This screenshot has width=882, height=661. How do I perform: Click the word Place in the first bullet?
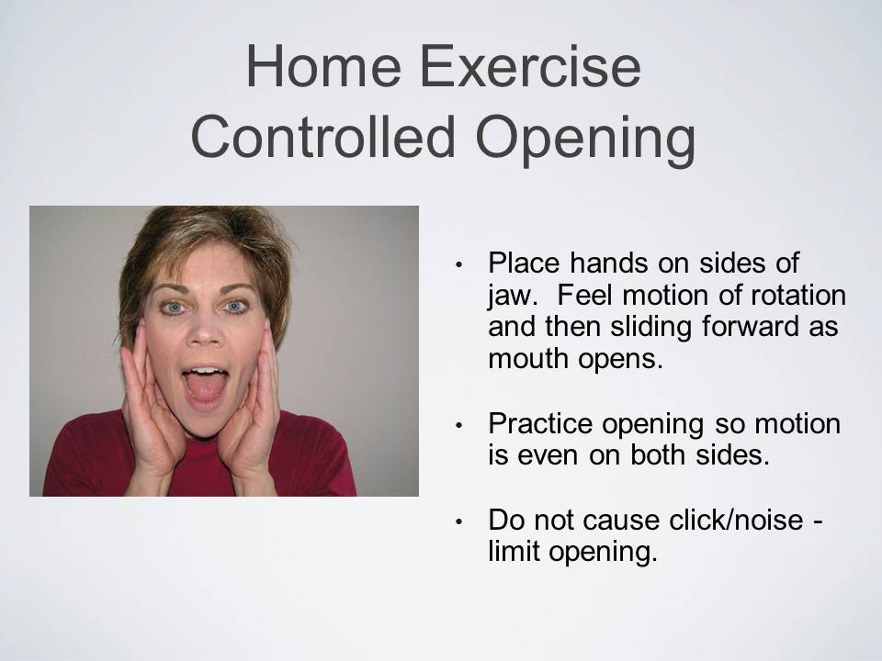click(525, 264)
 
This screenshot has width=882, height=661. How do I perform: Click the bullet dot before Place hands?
click(459, 265)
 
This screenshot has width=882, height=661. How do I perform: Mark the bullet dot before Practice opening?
click(459, 426)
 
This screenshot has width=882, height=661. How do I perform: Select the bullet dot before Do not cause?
click(459, 521)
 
